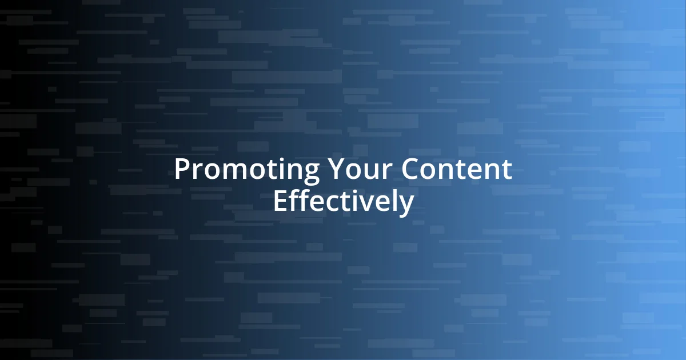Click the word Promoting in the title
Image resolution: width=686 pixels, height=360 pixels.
point(247,170)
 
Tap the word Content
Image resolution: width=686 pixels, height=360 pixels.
point(456,170)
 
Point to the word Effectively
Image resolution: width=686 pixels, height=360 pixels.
point(343,202)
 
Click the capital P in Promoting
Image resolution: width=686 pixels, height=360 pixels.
point(182,170)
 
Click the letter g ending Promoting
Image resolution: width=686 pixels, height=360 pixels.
point(311,173)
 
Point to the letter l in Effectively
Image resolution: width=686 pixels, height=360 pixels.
point(395,201)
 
